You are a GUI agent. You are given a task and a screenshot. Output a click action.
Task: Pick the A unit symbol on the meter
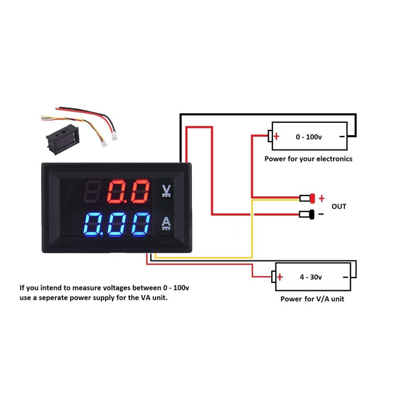click(166, 223)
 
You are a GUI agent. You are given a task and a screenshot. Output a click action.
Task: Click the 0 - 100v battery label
click(309, 137)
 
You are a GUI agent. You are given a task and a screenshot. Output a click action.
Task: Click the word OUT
click(338, 206)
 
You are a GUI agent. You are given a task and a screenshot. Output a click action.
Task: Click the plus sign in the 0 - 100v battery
click(276, 136)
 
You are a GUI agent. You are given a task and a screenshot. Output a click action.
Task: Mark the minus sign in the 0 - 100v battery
click(341, 136)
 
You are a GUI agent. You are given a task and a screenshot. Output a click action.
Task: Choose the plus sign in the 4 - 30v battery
click(279, 277)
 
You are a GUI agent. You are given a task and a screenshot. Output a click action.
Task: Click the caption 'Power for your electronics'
click(308, 159)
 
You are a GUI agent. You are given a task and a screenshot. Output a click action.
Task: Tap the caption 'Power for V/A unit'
click(312, 299)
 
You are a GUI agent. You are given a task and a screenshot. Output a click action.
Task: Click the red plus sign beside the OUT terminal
click(322, 198)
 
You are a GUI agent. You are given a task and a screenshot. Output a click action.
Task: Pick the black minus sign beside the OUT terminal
click(321, 215)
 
